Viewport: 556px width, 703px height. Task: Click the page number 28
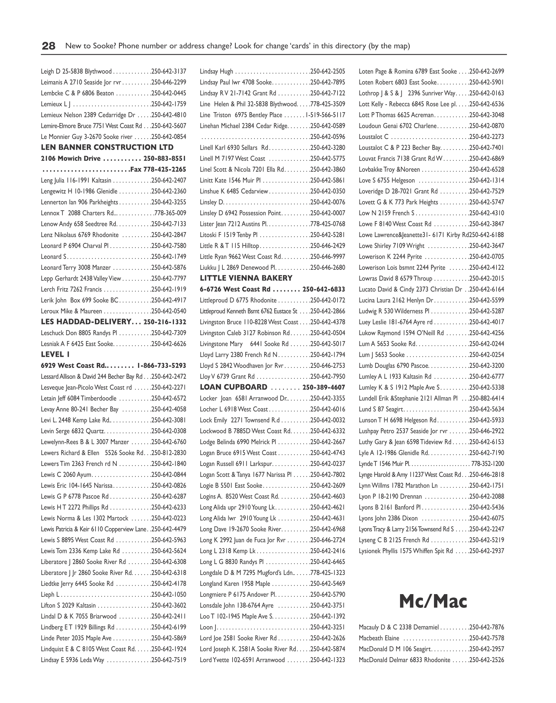tap(48, 46)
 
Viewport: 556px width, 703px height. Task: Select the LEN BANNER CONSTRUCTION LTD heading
tap(107, 147)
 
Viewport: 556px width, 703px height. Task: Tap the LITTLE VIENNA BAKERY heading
tap(246, 278)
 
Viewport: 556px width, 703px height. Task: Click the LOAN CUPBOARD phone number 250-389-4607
tap(324, 387)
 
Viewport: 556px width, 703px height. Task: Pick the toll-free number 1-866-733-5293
tap(162, 366)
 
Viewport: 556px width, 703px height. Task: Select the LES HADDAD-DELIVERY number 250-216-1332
tap(165, 322)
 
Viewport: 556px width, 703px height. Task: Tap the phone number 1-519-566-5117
tap(325, 115)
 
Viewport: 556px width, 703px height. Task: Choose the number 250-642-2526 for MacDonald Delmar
tap(487, 660)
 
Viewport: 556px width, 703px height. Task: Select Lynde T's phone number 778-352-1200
tap(487, 464)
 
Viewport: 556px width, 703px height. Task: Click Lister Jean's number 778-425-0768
tap(328, 224)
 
